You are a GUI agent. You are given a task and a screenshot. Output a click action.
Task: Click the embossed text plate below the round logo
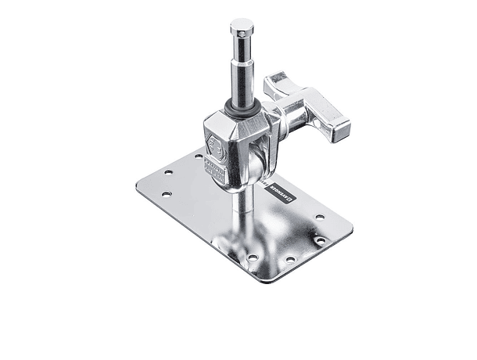click(x=215, y=167)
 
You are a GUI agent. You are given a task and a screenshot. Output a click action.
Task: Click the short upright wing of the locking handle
click(x=279, y=81)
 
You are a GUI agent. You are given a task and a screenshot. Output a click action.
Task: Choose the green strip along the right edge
click(x=447, y=180)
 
